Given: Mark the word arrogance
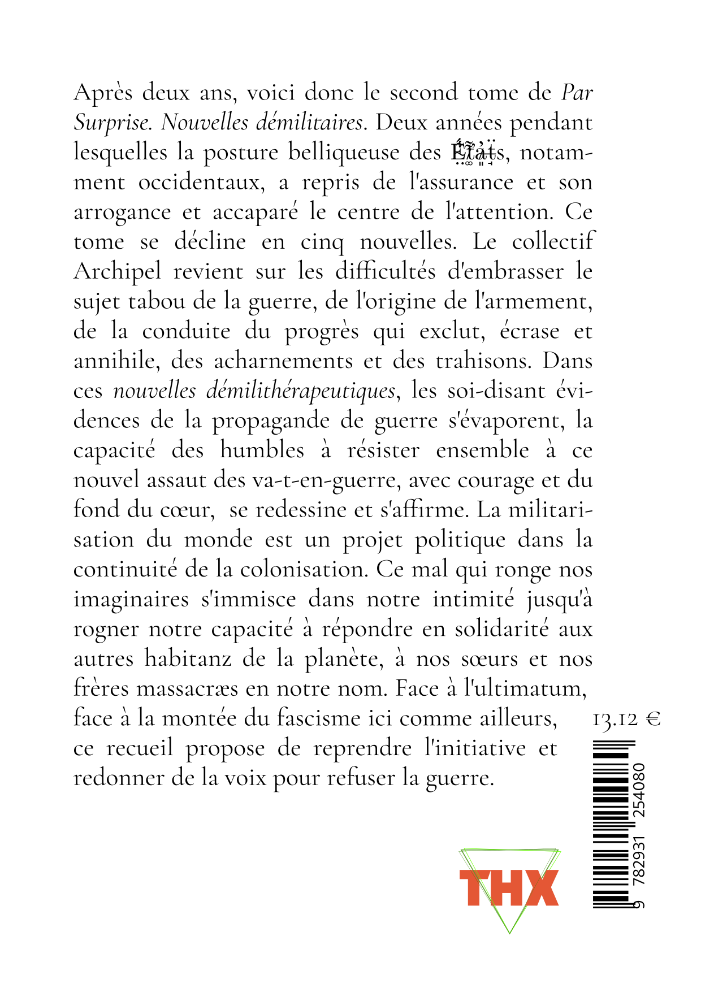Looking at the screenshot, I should pos(122,213).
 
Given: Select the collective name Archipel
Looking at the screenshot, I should pos(118,272).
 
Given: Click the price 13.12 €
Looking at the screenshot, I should pos(626,719).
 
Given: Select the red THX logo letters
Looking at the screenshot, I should pos(508,888).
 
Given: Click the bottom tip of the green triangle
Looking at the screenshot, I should pos(509,933).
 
